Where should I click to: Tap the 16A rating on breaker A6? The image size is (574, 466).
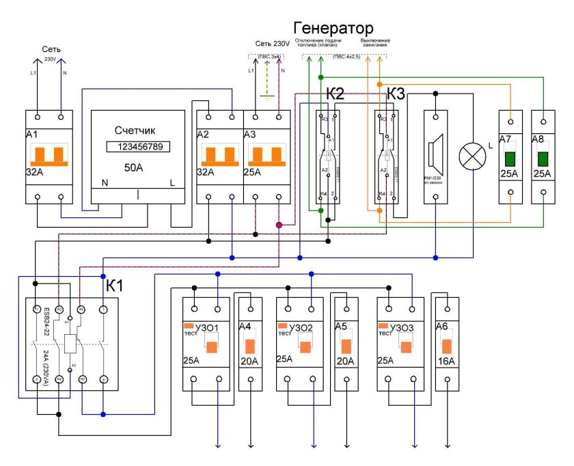447,361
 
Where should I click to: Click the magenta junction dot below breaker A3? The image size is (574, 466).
279,224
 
